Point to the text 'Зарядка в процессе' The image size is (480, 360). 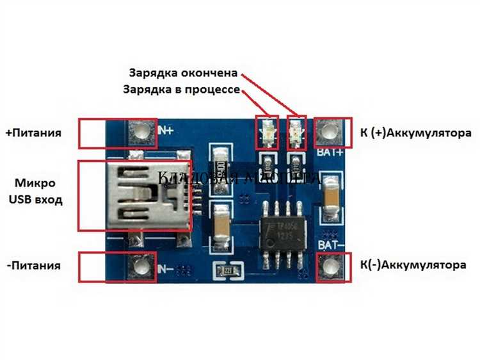pos(181,90)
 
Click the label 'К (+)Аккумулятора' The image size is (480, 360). pos(415,133)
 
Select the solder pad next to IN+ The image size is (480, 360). pos(141,133)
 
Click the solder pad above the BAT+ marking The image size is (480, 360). pos(330,132)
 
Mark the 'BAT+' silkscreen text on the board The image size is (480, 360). pos(330,153)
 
